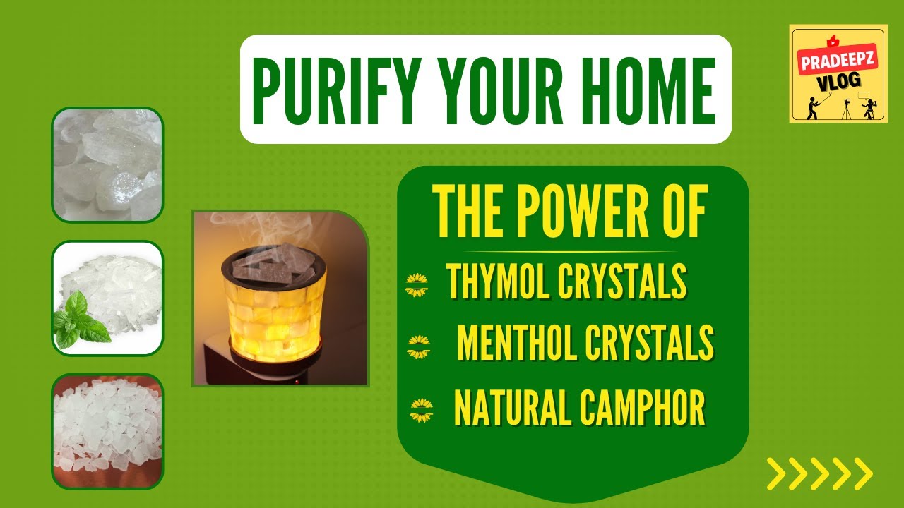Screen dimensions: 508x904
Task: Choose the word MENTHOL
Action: coord(516,343)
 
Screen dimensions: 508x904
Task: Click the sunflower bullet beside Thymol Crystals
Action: coord(417,286)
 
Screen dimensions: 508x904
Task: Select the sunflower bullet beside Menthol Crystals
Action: coord(419,346)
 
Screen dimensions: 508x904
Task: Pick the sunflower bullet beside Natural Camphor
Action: coord(422,410)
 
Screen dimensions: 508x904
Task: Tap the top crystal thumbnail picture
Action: coord(107,164)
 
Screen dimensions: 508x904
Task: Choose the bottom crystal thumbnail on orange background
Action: coord(107,430)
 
